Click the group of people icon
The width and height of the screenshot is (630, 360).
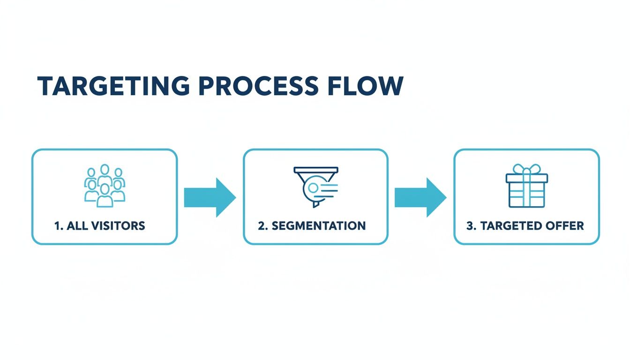(x=105, y=186)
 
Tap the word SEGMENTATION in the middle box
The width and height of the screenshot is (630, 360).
(x=318, y=226)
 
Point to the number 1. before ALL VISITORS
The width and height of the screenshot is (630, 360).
(x=59, y=226)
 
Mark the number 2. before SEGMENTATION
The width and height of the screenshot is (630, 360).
(x=263, y=226)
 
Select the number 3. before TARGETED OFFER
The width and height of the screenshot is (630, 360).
(x=472, y=226)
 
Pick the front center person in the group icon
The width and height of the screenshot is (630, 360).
(x=105, y=195)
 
